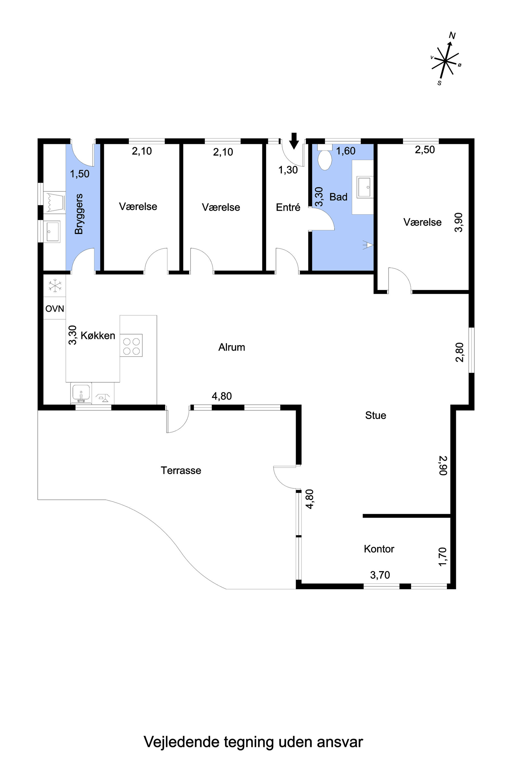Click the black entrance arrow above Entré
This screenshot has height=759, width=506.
coord(294,141)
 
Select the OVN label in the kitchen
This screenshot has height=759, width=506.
coord(55,309)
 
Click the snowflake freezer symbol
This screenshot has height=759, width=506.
coord(55,286)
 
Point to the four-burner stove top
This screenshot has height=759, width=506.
coord(131,345)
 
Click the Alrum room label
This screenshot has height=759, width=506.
coord(232,347)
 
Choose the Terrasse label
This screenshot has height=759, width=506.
coord(181,471)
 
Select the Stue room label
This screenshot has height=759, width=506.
coord(376,415)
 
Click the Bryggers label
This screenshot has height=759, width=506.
coord(79,214)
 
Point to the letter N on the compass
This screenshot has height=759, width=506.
coord(452,35)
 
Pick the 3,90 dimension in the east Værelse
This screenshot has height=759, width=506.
coord(459,222)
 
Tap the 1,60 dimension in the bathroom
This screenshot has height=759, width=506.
coord(346,151)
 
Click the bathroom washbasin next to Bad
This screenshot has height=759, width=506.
coord(365,187)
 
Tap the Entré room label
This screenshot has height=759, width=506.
coord(288,207)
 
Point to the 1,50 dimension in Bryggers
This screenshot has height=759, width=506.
coord(80,174)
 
